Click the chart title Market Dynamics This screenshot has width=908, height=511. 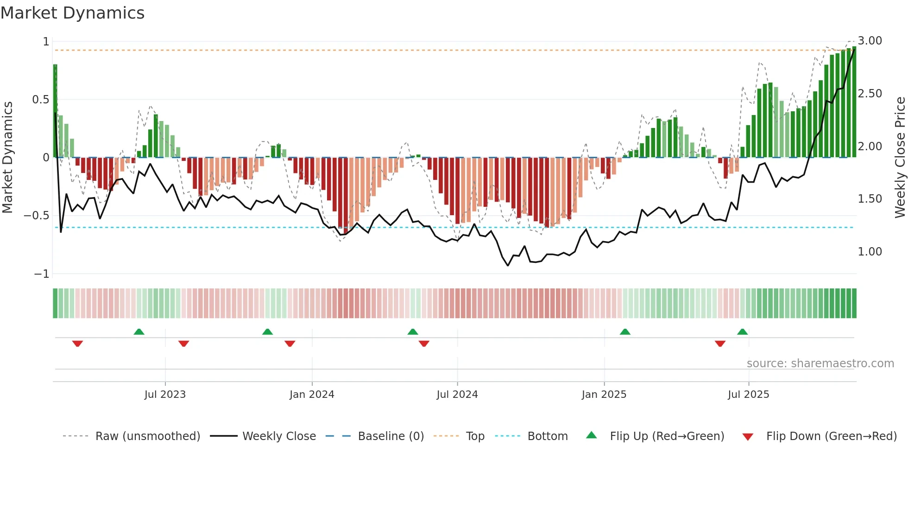coord(73,13)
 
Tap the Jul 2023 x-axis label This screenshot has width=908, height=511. coord(165,395)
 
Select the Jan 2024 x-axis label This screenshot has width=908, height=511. coord(312,395)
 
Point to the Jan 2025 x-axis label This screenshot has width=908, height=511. coord(604,395)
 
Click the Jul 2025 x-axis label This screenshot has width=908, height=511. coord(748,395)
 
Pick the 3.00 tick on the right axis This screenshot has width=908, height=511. coord(870,41)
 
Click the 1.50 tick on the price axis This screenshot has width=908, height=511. coord(870,199)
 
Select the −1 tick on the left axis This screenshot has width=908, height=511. coord(42,274)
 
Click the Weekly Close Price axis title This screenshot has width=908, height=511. coord(900,158)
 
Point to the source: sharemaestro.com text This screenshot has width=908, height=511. coord(820,364)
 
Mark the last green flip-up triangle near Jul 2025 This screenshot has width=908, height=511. coord(742,332)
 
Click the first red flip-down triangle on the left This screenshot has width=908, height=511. coord(77,344)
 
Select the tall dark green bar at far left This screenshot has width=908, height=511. coord(55,111)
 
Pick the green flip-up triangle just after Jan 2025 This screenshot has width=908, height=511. coord(625,332)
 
